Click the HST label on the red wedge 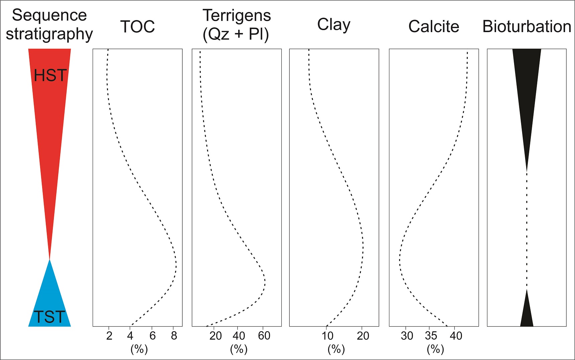coord(50,76)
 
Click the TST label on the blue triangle coord(50,317)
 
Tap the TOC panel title coord(137,27)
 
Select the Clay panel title coord(333,25)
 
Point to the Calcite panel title coord(434,26)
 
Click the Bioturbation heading coord(526,26)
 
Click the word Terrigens coord(236,16)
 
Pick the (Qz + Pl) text coord(236,34)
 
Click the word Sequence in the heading coord(50,15)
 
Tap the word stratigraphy coord(50,34)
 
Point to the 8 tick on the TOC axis coord(174,336)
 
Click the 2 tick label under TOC coord(109,336)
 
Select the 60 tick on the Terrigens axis coord(264,336)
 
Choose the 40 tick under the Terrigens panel coord(238,336)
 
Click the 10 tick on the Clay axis coord(327,336)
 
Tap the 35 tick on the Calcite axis coord(431,336)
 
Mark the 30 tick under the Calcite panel coord(407,336)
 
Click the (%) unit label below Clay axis coord(336,349)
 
